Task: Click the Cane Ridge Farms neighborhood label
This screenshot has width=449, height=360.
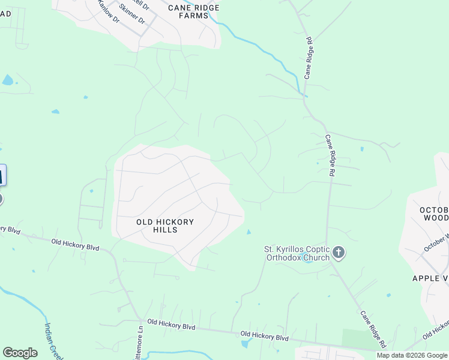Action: [193, 11]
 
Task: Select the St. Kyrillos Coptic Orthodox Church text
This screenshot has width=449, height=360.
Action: [297, 253]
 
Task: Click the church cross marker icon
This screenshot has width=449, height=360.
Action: [339, 253]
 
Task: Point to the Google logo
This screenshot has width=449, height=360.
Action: [20, 353]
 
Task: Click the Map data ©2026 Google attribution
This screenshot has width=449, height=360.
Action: [412, 355]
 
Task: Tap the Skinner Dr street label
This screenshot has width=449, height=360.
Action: [133, 14]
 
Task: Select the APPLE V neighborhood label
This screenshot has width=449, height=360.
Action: [430, 278]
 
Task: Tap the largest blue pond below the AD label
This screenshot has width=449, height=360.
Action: [7, 80]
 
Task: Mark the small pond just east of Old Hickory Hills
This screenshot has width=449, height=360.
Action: [249, 232]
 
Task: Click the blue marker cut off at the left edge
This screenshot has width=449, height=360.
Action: [2, 176]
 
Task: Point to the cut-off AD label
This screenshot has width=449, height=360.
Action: [6, 13]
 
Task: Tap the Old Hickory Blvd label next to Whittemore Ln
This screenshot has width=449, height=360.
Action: [172, 325]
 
